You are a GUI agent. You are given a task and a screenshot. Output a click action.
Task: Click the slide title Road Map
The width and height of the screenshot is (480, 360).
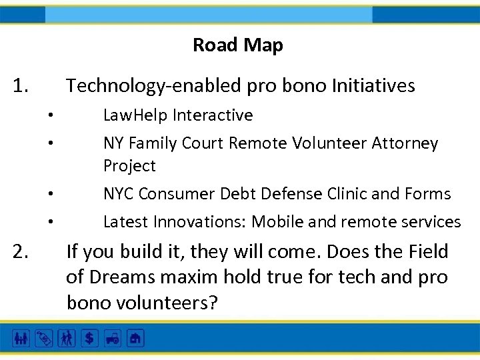click(238, 45)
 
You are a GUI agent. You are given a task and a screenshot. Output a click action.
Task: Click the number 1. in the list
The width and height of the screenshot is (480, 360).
click(21, 86)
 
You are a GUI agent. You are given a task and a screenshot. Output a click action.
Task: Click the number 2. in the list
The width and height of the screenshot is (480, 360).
click(21, 252)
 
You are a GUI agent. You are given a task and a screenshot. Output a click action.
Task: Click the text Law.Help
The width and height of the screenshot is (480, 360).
click(136, 115)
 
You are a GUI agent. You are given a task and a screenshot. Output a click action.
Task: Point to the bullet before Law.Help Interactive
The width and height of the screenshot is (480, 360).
click(50, 116)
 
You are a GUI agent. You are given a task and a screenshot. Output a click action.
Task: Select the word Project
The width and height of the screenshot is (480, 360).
click(129, 166)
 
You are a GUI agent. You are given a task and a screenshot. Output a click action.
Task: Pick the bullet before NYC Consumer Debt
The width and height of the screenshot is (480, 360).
click(50, 195)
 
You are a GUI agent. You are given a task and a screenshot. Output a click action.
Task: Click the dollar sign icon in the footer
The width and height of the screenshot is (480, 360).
click(88, 339)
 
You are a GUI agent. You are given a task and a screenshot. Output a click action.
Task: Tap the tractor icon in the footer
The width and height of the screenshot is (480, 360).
click(112, 339)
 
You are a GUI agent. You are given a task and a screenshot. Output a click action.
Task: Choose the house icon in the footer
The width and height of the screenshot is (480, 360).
click(135, 339)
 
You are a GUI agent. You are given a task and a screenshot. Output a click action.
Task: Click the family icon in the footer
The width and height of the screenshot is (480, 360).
click(21, 339)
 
